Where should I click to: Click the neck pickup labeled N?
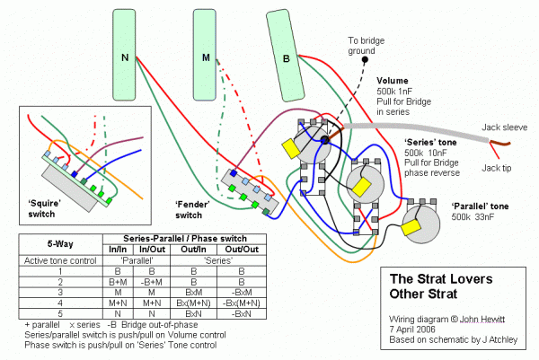point(125,57)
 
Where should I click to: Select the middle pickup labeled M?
point(206,57)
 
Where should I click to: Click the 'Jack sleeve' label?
point(503,128)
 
